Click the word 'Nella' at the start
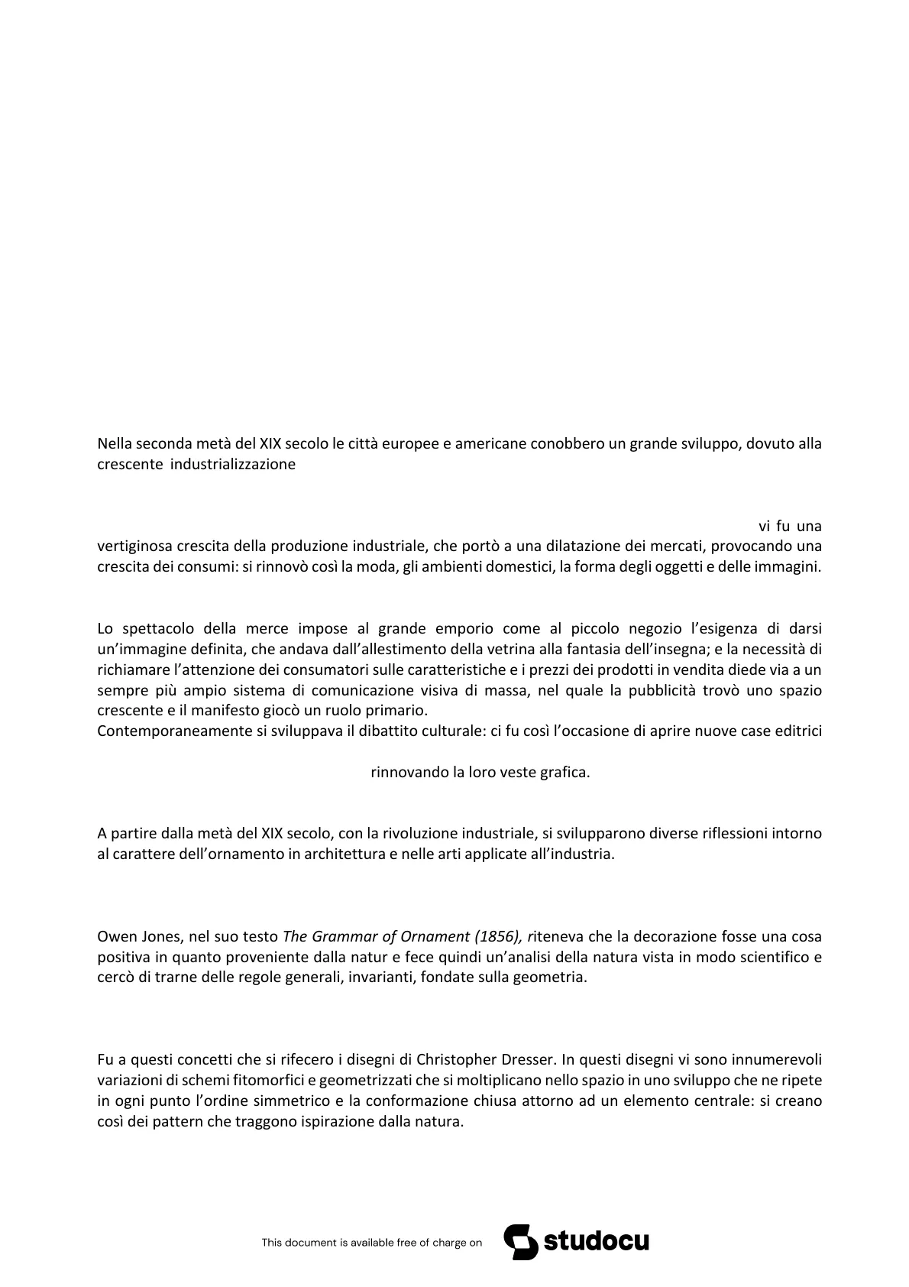point(115,443)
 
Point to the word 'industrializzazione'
point(233,464)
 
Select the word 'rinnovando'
point(409,772)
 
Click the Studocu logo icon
point(519,1242)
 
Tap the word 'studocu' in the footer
point(596,1242)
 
